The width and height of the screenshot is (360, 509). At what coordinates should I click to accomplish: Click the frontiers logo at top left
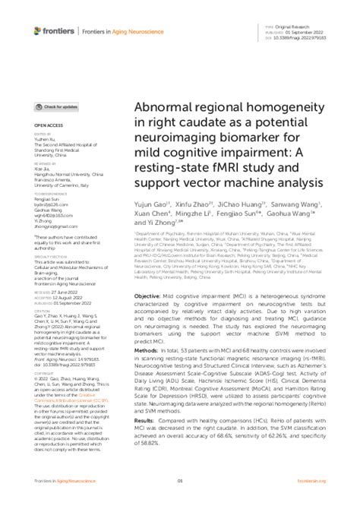click(55, 30)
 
